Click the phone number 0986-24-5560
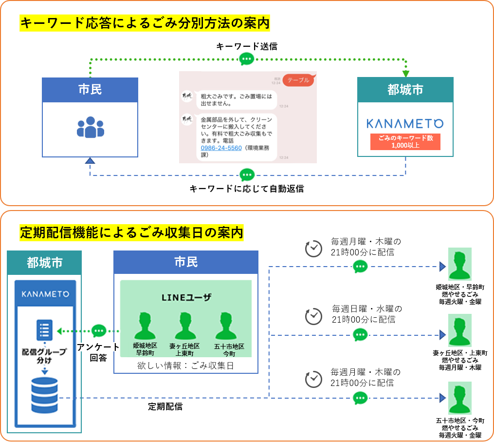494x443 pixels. point(221,148)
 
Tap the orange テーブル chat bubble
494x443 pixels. point(298,80)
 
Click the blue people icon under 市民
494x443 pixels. point(91,126)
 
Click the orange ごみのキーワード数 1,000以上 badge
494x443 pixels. point(405,141)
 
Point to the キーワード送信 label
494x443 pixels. point(247,46)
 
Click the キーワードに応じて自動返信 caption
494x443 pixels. point(247,189)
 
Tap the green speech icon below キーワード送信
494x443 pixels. point(247,59)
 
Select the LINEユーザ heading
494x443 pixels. point(186,296)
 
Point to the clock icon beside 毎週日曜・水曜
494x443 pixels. point(313,315)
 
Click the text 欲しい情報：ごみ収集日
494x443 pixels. point(186,365)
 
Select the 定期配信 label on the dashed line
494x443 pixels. point(165,406)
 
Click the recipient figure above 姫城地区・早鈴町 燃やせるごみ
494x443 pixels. point(459,264)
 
